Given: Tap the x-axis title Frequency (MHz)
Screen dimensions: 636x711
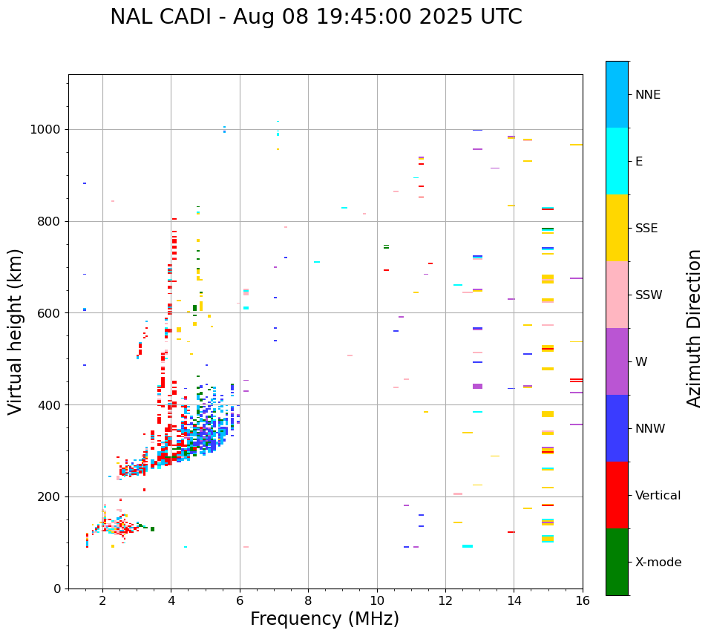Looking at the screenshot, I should (x=324, y=619).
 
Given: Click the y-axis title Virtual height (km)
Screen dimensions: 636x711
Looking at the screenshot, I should (x=16, y=331).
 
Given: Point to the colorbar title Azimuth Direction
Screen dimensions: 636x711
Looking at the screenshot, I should (x=694, y=328).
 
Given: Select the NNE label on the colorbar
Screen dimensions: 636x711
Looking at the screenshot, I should (x=647, y=95).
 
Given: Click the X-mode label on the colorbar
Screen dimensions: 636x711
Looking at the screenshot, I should (x=658, y=563).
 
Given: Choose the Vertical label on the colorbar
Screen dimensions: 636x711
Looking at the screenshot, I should (x=658, y=496).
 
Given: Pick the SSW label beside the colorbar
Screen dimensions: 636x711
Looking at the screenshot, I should (x=649, y=295).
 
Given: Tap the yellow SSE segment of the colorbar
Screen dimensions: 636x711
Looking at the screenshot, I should (x=617, y=228).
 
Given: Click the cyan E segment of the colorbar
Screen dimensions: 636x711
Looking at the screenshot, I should (x=617, y=161).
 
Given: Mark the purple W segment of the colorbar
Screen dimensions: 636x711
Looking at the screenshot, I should (x=617, y=361).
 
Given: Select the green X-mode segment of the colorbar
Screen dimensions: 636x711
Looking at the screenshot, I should (x=617, y=562).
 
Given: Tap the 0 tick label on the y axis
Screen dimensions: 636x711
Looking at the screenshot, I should (x=57, y=589).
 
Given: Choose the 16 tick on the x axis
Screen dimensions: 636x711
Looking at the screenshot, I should (x=583, y=600).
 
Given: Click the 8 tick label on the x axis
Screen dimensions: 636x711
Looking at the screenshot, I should (x=308, y=600).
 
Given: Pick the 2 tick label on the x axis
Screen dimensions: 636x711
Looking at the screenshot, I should (x=102, y=600).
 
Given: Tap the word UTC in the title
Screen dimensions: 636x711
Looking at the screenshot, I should (x=501, y=17).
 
